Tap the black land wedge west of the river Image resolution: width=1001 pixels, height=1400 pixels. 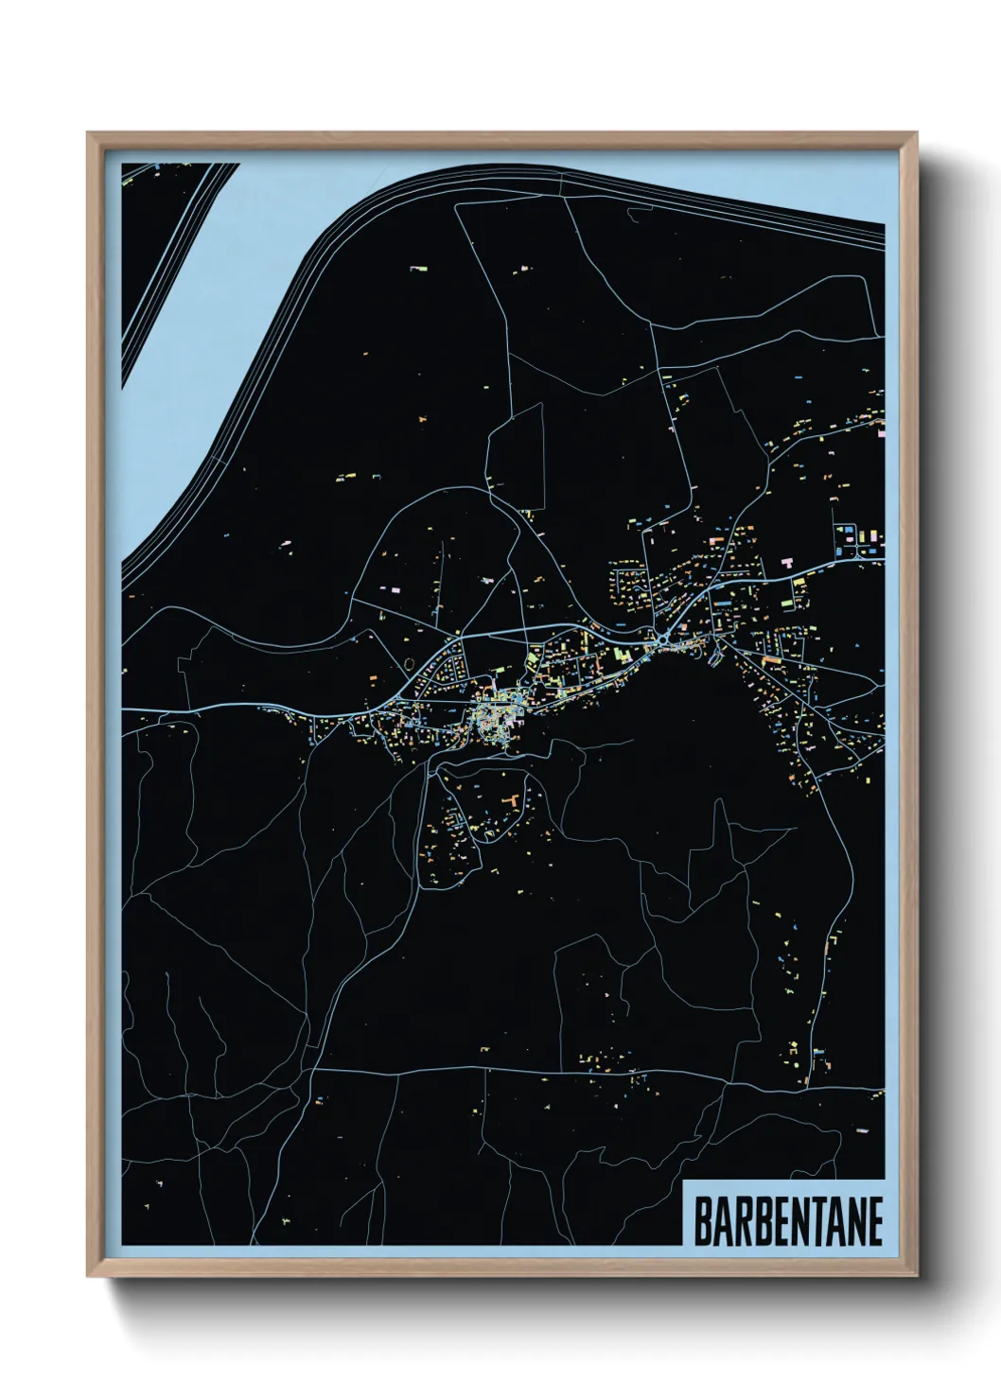(156, 236)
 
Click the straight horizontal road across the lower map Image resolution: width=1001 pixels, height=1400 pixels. (568, 1072)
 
